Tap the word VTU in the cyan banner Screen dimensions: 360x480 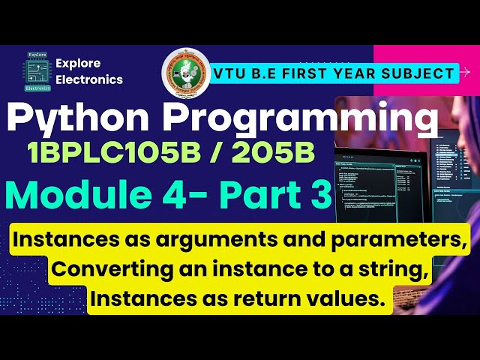pos(233,73)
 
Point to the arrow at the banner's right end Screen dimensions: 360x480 pos(465,73)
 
